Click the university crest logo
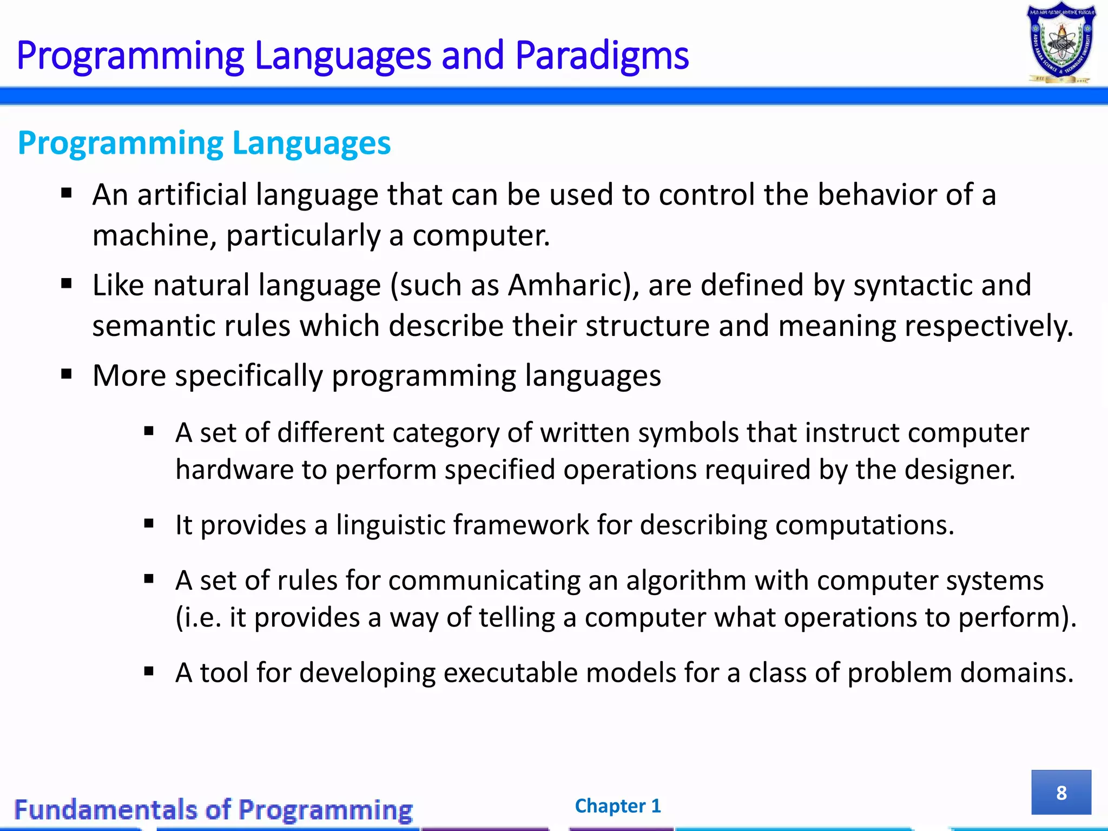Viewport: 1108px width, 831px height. tap(1061, 43)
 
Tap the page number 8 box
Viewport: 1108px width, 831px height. tap(1061, 793)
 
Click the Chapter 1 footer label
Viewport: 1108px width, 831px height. tap(618, 806)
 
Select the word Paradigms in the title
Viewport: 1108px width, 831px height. tap(602, 56)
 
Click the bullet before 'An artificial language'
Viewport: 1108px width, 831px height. tap(67, 194)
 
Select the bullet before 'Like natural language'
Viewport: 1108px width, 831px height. tap(67, 284)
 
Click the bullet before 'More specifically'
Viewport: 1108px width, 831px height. tap(67, 374)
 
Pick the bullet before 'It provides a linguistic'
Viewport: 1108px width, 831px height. tap(149, 524)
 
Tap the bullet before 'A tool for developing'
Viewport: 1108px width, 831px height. tap(149, 672)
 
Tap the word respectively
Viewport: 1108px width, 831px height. tap(988, 326)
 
